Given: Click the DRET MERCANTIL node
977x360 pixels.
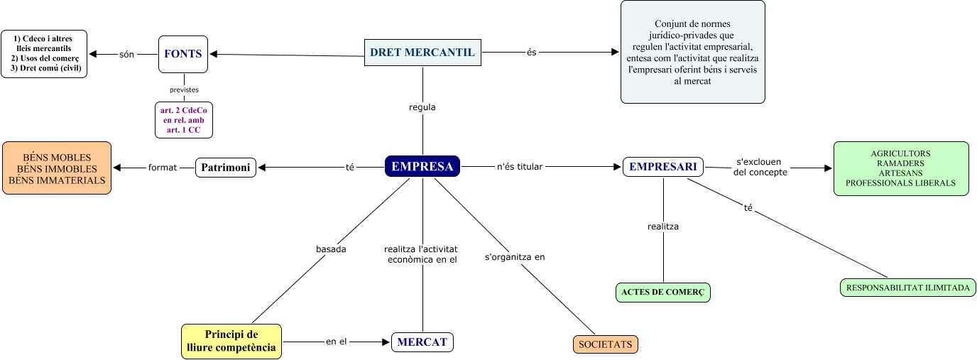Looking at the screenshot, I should pos(422,52).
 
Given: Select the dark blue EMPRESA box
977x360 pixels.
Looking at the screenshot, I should pos(422,166).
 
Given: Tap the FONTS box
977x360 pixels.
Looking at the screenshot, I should pos(183,53).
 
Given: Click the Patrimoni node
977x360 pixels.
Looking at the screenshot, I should pos(226,168).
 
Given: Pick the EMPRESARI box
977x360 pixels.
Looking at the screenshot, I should pos(663,167).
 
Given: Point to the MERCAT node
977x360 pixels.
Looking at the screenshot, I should pos(422,342).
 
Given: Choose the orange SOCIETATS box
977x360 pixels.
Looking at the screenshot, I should pos(606,344).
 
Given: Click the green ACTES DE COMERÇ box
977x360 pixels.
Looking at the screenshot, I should pos(663,292).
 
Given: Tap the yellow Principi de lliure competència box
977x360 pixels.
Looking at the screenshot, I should pos(231,342).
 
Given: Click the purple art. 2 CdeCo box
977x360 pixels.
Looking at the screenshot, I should pos(184,119).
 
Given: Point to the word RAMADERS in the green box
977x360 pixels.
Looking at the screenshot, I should pos(900,163).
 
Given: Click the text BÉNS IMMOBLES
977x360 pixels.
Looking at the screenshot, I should pos(57,169).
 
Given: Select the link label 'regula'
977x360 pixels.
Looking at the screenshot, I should pos(422,107).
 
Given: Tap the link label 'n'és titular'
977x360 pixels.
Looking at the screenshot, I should pos(520,167).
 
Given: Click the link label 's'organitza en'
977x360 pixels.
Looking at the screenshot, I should pos(515,257).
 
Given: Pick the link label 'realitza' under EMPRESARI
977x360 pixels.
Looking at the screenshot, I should pos(663,227).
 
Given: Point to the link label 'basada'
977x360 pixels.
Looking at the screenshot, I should pos(330,249).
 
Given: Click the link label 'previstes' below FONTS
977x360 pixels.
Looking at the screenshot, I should pos(184,89).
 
